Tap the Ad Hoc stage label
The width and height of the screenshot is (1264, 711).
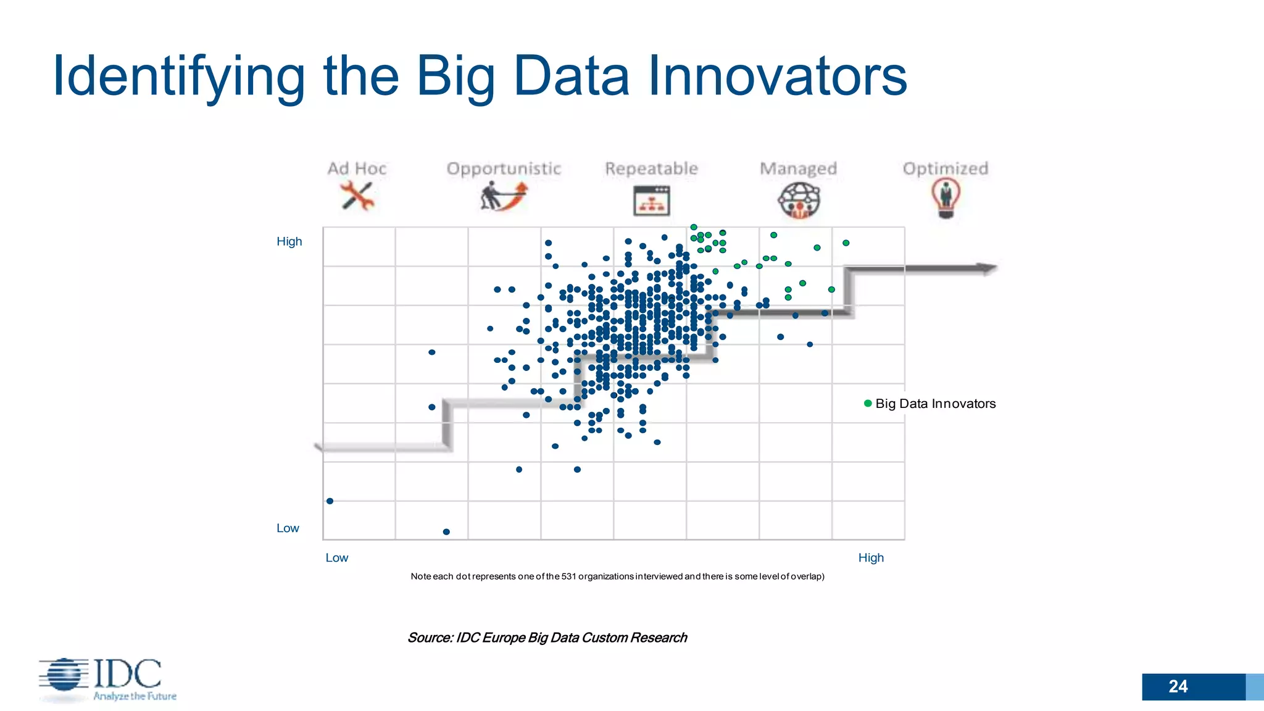(x=357, y=168)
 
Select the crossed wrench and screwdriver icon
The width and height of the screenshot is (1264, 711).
(x=357, y=196)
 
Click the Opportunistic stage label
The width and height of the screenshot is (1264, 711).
(x=504, y=168)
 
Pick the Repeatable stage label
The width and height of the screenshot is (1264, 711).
(x=651, y=168)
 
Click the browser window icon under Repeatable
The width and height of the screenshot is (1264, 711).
(x=651, y=201)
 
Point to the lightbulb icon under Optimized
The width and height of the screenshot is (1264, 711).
(x=946, y=197)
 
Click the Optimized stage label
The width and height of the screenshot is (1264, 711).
(x=945, y=168)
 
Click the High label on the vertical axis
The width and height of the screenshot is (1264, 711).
(x=289, y=241)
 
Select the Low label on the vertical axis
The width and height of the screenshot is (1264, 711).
(x=288, y=528)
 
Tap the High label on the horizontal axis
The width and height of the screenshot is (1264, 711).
(x=871, y=558)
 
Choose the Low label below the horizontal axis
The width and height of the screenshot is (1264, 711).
(x=337, y=558)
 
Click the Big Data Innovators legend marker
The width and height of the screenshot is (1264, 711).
(x=868, y=404)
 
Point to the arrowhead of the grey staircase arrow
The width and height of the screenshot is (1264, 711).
(x=987, y=268)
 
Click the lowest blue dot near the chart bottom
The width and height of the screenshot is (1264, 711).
(x=446, y=532)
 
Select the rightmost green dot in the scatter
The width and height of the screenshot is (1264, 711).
(x=846, y=243)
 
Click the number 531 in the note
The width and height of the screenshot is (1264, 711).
(x=568, y=576)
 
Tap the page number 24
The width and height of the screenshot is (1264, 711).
(x=1178, y=686)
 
